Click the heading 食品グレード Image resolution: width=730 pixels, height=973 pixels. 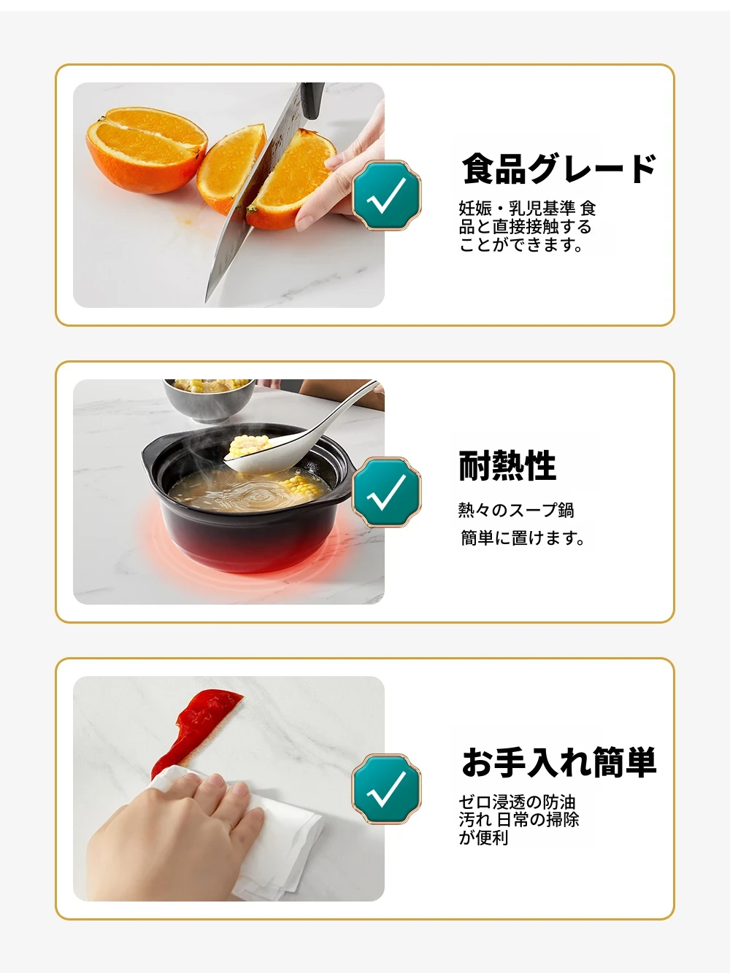pos(558,169)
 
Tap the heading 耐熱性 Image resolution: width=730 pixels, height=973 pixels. pos(507,466)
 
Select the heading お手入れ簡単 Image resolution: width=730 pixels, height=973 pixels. pos(558,762)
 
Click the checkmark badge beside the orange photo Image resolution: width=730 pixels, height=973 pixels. pos(386,195)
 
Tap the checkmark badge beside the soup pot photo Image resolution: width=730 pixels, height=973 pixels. pos(386,492)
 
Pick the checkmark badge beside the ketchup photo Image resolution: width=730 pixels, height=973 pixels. pos(386,789)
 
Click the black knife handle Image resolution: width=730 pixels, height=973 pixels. pos(312,100)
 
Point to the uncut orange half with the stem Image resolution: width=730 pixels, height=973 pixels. pos(146,150)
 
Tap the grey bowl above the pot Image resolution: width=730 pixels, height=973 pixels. pos(210,399)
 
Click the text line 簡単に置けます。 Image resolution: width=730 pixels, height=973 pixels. pos(522,538)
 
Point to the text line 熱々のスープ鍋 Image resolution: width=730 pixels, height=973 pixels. pos(516,511)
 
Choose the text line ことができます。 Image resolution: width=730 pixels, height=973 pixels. pos(520,244)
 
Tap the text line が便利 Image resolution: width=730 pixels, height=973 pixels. pos(483,838)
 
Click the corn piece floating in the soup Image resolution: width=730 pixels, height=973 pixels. pos(301,488)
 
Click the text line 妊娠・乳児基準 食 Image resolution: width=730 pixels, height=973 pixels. pos(527,209)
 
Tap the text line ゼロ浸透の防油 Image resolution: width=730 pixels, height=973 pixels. pos(517,802)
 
